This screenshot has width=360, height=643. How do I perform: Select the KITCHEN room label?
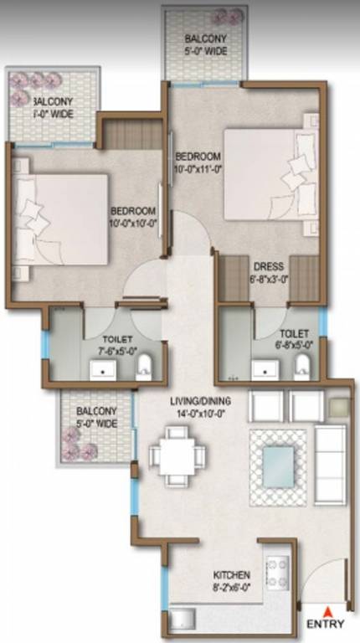(232, 575)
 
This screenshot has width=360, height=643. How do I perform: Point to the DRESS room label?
(268, 267)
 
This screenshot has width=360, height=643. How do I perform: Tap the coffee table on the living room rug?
(280, 464)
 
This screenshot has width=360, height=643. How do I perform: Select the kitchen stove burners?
(277, 569)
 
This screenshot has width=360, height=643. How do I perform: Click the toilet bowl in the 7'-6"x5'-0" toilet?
(144, 365)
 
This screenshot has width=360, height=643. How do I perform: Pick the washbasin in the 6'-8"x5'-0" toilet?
(264, 367)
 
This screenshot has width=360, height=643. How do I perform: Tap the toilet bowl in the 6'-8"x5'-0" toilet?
(301, 364)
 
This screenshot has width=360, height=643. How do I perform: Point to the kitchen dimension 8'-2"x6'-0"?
(232, 588)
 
